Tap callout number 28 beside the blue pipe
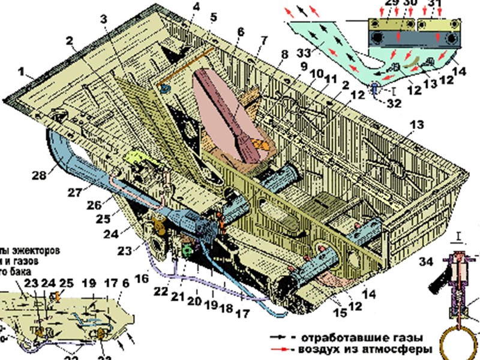coord(38,175)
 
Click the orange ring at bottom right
coord(460,339)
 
